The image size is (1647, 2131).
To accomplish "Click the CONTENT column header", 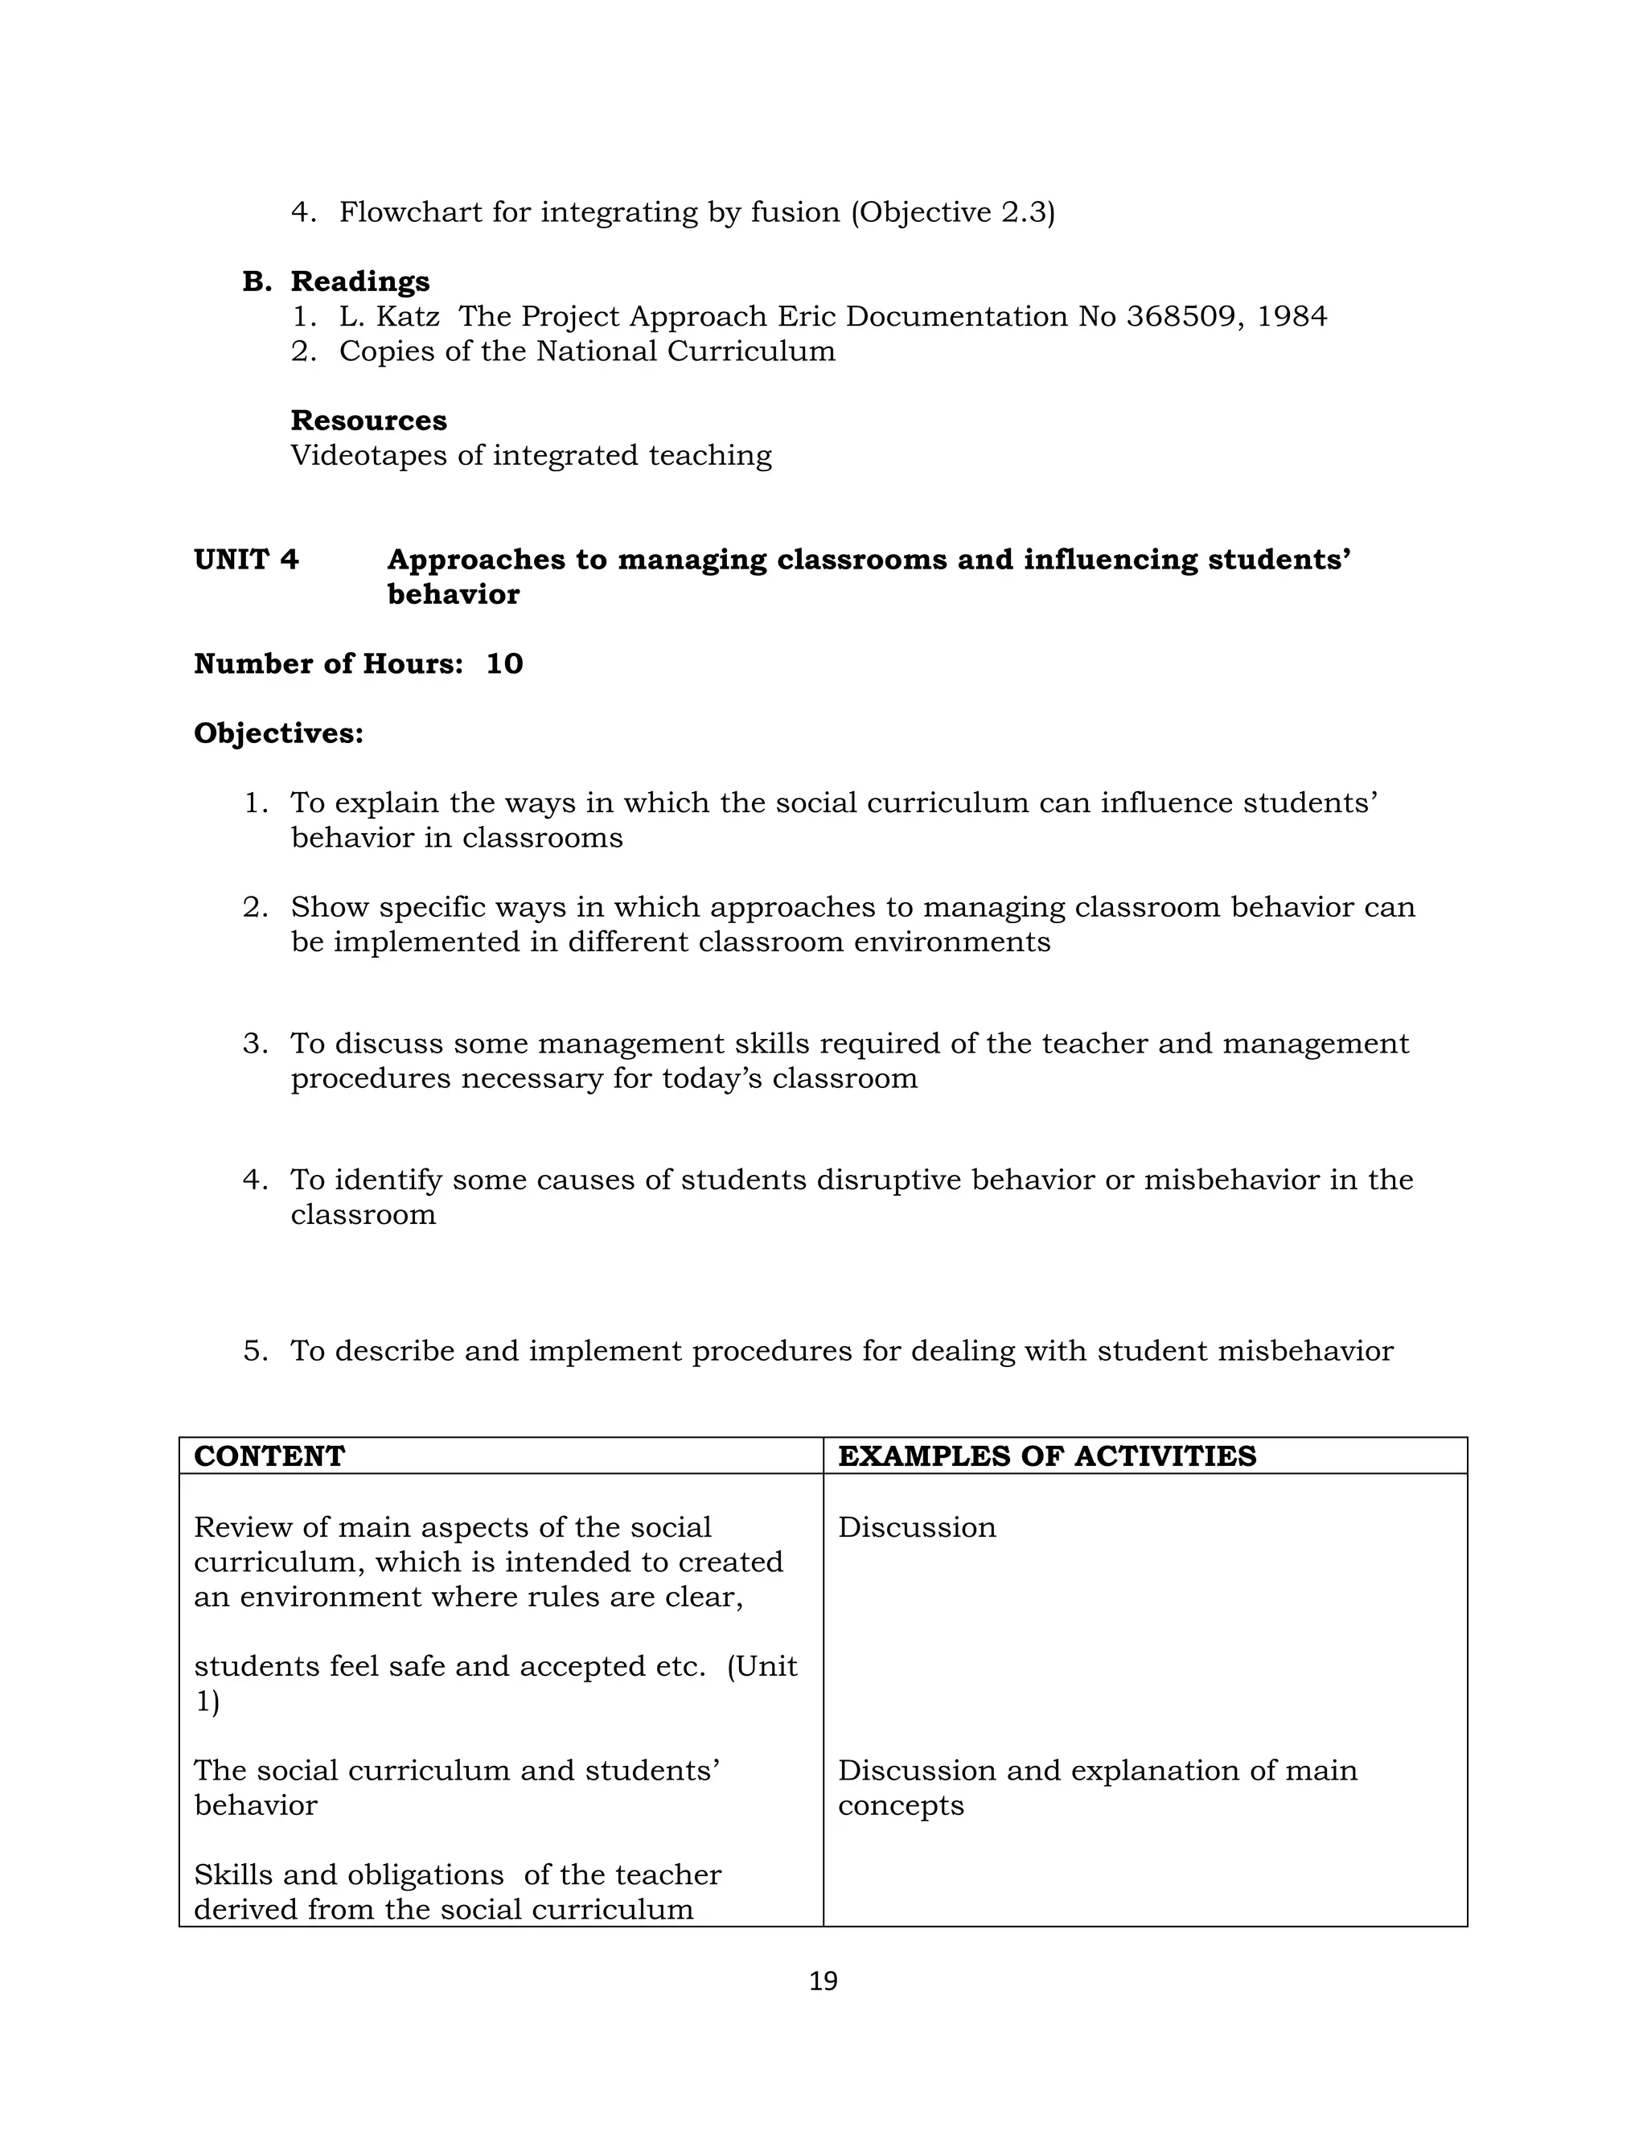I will (269, 1457).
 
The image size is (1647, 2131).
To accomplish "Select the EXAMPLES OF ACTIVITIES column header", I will (1046, 1457).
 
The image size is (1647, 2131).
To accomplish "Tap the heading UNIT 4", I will (246, 560).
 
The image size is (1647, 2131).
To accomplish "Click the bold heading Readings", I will (360, 282).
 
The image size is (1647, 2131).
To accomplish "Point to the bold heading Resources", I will (369, 421).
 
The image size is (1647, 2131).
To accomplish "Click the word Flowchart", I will (411, 213).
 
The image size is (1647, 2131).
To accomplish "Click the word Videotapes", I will (369, 456).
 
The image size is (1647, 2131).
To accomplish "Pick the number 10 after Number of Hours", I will (504, 664).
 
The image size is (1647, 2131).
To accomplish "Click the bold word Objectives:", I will (278, 733).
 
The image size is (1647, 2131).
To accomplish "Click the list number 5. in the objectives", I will (255, 1352).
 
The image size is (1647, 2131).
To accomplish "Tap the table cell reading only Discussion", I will (916, 1528).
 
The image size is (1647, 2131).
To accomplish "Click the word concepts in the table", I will (900, 1806).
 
